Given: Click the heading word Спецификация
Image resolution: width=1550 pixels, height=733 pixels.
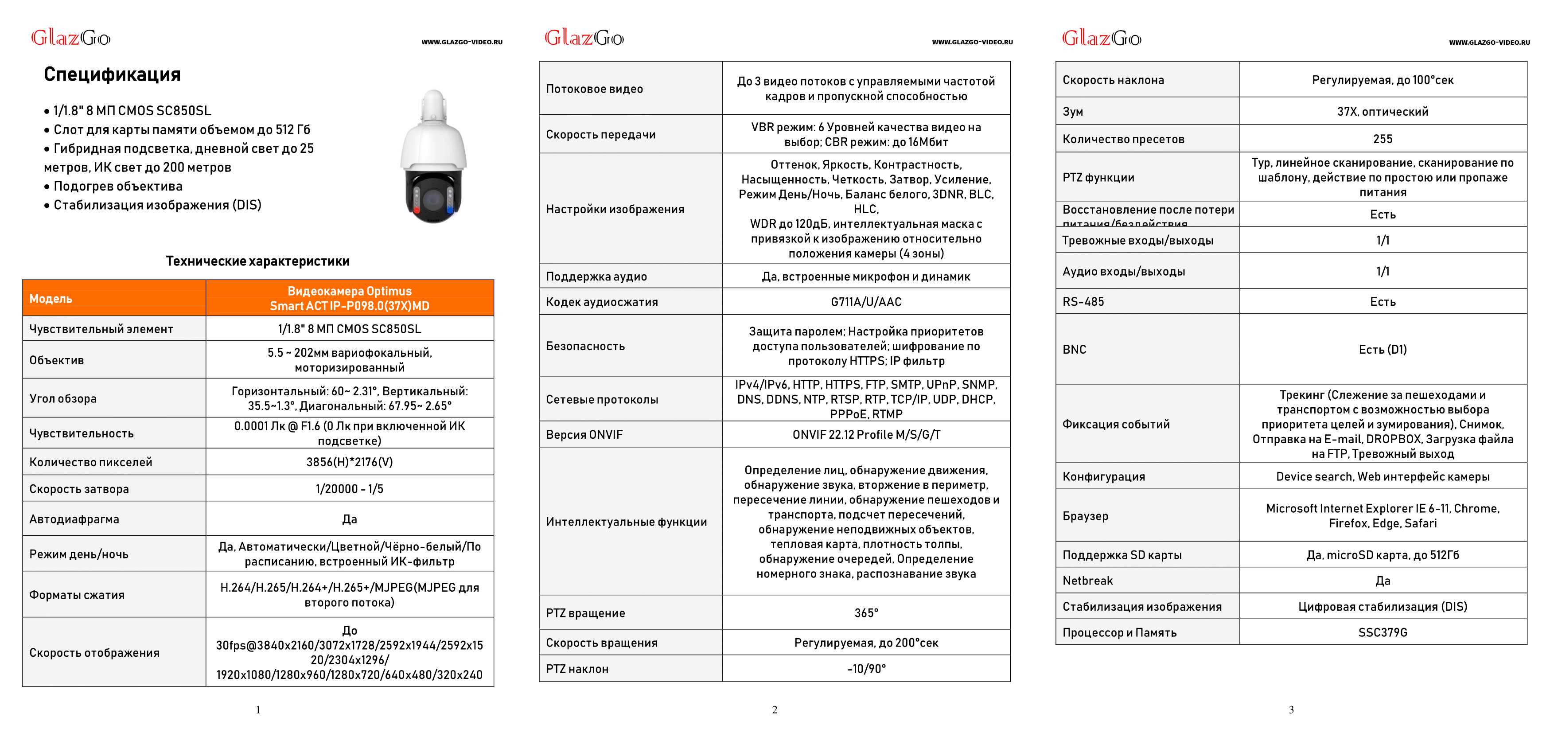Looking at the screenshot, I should pyautogui.click(x=112, y=74).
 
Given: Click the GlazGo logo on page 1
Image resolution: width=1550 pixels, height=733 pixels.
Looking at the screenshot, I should pyautogui.click(x=70, y=38).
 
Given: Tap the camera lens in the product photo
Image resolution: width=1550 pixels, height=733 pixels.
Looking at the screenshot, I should pyautogui.click(x=433, y=199).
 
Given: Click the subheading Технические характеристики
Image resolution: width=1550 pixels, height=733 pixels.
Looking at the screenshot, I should pyautogui.click(x=257, y=261).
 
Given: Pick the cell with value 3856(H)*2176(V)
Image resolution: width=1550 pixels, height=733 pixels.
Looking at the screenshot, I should pyautogui.click(x=349, y=462).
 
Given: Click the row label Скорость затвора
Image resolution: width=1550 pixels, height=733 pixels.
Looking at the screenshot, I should pyautogui.click(x=79, y=489).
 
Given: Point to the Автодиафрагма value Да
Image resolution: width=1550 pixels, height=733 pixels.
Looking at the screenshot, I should pyautogui.click(x=349, y=519).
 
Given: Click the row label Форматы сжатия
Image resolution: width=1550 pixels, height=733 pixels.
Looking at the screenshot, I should pyautogui.click(x=77, y=595).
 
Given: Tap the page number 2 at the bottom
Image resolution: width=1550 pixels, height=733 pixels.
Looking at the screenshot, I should pyautogui.click(x=775, y=710).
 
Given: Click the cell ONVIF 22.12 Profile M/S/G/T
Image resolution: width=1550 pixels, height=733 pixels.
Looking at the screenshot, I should pyautogui.click(x=866, y=434).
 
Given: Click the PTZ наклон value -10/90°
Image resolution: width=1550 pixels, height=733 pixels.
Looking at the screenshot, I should pyautogui.click(x=866, y=669).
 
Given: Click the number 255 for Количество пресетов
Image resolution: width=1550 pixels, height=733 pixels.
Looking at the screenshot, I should pyautogui.click(x=1382, y=139).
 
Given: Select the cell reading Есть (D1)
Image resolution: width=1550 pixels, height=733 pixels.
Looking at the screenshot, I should pyautogui.click(x=1382, y=350).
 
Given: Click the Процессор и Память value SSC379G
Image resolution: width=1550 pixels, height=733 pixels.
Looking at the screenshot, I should pyautogui.click(x=1382, y=632).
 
